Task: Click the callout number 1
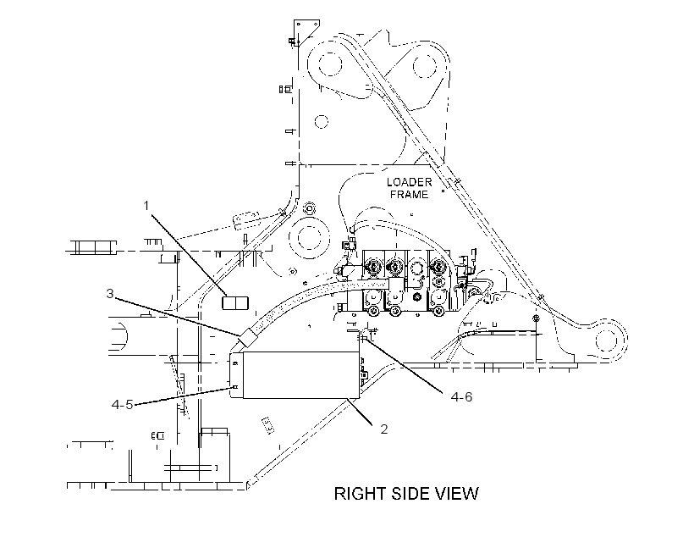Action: [146, 206]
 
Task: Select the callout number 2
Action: [383, 429]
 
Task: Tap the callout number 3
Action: [110, 293]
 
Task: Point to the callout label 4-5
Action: [122, 404]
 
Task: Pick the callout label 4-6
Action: [461, 396]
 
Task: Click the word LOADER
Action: [410, 182]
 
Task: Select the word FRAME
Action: [410, 195]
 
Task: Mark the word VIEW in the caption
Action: [460, 494]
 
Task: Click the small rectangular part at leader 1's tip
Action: [235, 303]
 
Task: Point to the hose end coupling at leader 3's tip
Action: [248, 338]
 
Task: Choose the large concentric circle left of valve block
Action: [309, 236]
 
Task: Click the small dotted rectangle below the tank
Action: [267, 425]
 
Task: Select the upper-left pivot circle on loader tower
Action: [330, 64]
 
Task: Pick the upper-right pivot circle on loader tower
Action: [425, 66]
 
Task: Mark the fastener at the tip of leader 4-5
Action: [235, 387]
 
